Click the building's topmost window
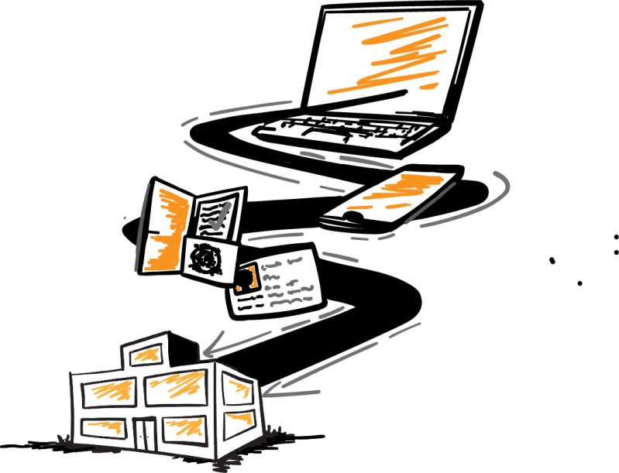click(x=145, y=354)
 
